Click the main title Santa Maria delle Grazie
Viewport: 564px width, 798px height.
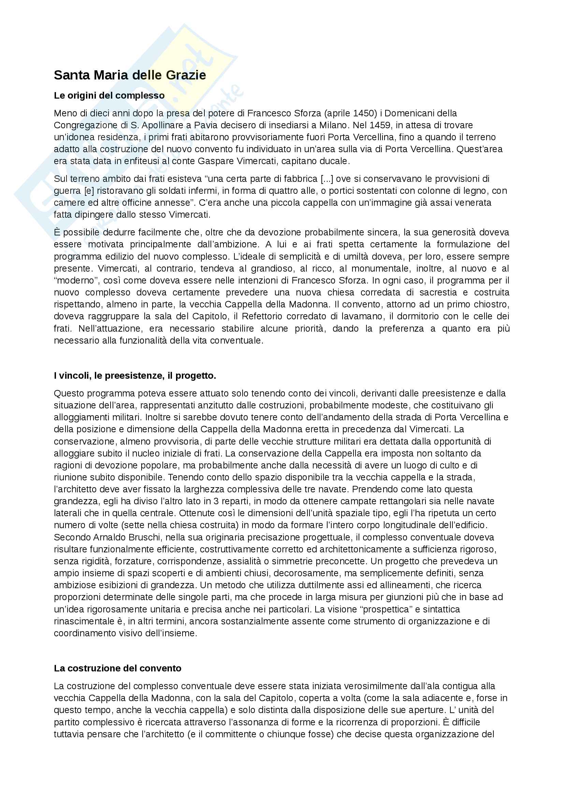pos(130,75)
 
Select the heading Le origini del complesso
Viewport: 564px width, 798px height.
pos(109,96)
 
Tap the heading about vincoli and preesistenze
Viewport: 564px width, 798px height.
pos(135,375)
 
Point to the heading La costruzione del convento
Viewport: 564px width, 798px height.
pos(117,668)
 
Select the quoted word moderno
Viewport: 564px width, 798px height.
pos(75,280)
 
